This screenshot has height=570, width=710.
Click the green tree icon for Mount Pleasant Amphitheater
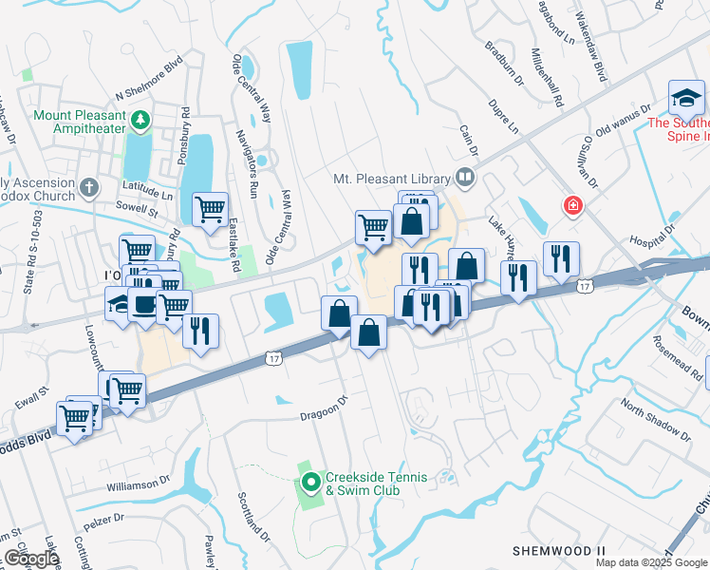[x=140, y=121]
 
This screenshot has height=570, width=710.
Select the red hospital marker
[x=572, y=204]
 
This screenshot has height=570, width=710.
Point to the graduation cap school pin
[x=686, y=98]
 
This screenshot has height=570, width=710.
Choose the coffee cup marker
[x=143, y=305]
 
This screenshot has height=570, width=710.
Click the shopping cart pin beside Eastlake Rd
[x=210, y=209]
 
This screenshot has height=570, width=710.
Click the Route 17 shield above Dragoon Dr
[x=273, y=358]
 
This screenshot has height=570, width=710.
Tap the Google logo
[x=31, y=560]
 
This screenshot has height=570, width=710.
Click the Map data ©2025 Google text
[x=650, y=562]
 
